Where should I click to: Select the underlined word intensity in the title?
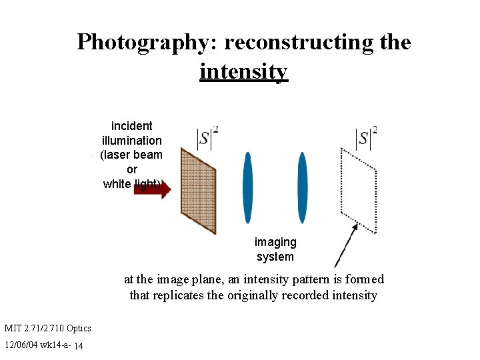click(243, 71)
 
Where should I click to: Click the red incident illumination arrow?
click(153, 189)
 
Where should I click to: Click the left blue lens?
click(248, 187)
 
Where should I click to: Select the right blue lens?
click(302, 187)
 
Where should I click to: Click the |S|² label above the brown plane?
click(207, 138)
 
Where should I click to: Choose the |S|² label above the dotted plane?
click(366, 138)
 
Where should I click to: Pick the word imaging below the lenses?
click(275, 242)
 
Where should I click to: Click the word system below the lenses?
click(275, 257)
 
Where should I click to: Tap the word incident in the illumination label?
click(131, 126)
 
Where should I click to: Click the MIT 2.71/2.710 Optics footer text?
click(47, 328)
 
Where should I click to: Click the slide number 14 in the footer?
click(79, 346)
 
